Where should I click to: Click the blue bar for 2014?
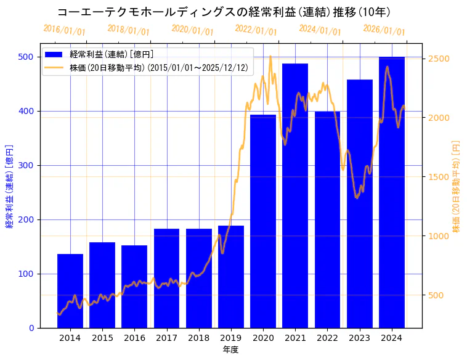[x=70, y=290]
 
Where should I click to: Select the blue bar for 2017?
[x=166, y=278]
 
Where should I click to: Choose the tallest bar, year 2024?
[x=392, y=192]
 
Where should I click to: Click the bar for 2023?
[x=360, y=203]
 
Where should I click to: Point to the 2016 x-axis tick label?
[x=134, y=338]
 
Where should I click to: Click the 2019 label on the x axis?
[x=231, y=338]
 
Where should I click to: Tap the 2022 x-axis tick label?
[x=327, y=338]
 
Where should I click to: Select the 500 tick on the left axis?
[x=25, y=57]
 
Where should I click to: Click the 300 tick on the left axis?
[x=25, y=165]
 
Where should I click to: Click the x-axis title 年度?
[x=230, y=350]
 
